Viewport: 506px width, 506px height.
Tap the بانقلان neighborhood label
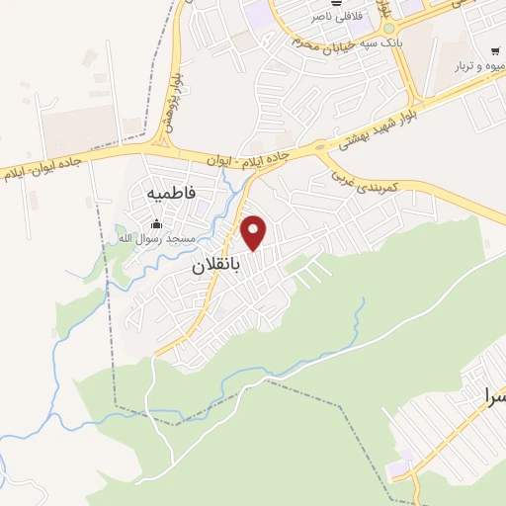[215, 265]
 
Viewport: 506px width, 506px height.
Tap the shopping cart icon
[494, 49]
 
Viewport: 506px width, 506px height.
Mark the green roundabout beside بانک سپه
[296, 42]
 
